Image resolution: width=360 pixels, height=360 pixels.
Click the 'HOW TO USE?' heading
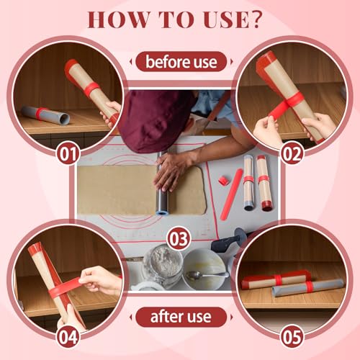(x=180, y=19)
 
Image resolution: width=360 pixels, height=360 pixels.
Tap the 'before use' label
(x=181, y=61)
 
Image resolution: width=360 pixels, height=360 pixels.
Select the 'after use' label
(x=181, y=316)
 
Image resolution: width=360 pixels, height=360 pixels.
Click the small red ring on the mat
(x=235, y=176)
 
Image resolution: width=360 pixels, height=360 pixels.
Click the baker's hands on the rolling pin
(x=171, y=169)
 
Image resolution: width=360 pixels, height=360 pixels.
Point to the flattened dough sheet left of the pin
(x=115, y=190)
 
